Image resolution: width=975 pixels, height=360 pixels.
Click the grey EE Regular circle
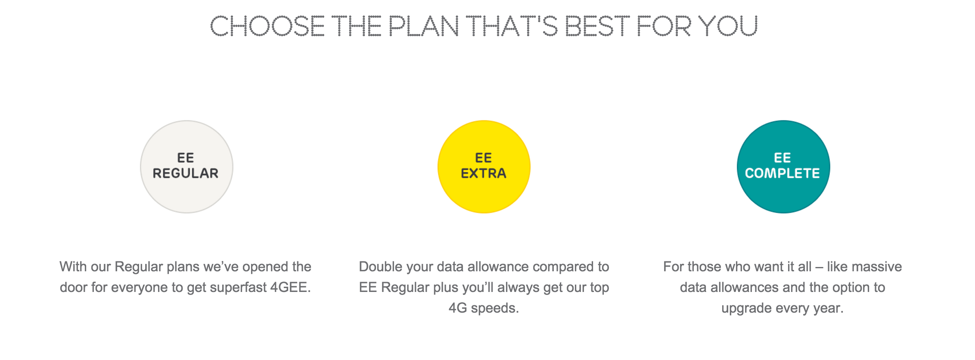(x=186, y=167)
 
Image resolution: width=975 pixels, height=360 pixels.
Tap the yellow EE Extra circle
(x=484, y=167)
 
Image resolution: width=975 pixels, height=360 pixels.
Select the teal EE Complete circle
(x=783, y=167)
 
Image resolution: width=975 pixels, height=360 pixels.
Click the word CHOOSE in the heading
(x=267, y=26)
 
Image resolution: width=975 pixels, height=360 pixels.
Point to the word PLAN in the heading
(x=424, y=26)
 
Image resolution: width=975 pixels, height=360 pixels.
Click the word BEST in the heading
(x=597, y=26)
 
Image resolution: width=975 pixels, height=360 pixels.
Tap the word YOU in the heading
(x=728, y=26)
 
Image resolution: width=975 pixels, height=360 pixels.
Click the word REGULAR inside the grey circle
(x=186, y=173)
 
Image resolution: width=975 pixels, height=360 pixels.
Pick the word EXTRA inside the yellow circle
(x=484, y=173)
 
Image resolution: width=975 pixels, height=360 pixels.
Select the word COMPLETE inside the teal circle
(x=782, y=173)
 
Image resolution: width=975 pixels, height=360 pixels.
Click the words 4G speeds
(x=484, y=308)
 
